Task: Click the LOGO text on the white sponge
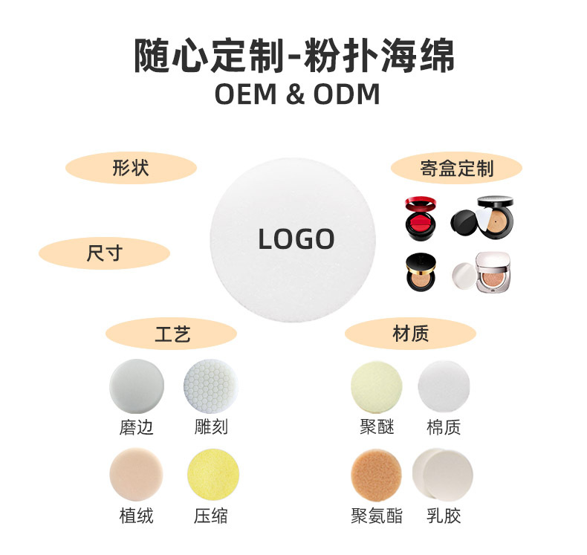[296, 239]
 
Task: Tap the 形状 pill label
[131, 168]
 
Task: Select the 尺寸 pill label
[103, 253]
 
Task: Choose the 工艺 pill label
[172, 334]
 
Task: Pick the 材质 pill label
[410, 334]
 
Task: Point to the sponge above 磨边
[136, 387]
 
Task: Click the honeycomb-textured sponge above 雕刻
[210, 387]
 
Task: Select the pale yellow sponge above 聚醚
[377, 387]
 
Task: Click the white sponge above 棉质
[444, 387]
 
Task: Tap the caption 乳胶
[444, 515]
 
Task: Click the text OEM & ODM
[296, 95]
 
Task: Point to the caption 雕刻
[210, 427]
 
